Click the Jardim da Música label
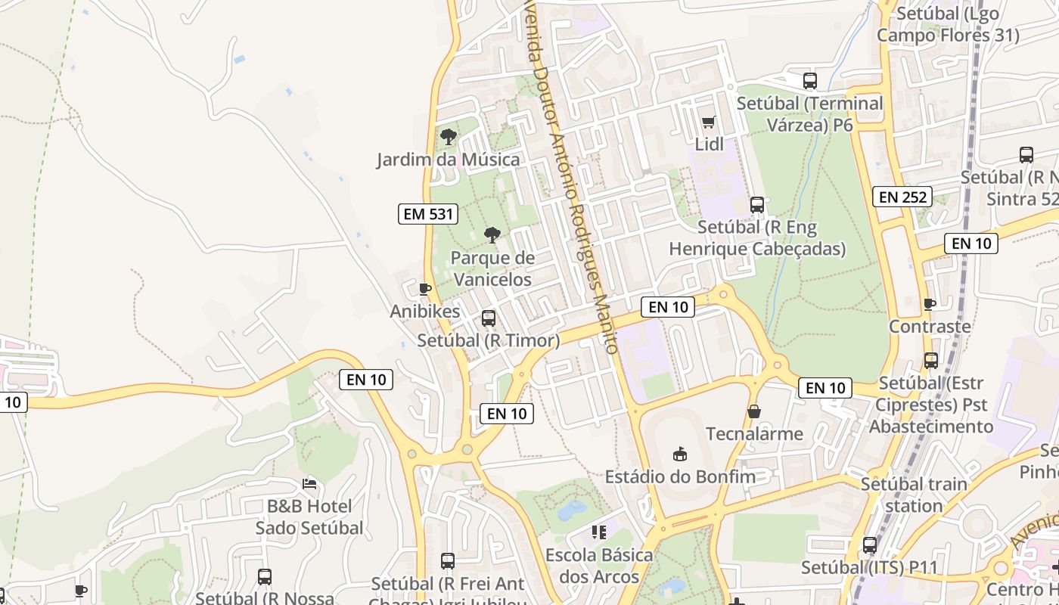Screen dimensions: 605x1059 [x=449, y=160]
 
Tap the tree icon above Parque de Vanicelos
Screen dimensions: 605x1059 [x=492, y=235]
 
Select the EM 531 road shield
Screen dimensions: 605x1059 [x=429, y=214]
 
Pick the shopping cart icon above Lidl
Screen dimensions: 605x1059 [x=709, y=122]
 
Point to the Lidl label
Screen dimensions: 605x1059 [x=710, y=144]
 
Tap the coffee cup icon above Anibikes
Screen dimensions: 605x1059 [x=425, y=289]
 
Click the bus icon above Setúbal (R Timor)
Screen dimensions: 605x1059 [x=489, y=318]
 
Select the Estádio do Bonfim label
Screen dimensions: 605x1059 [x=680, y=476]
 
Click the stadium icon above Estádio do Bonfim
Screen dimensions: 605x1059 [x=680, y=454]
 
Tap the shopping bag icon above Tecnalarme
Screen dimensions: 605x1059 [x=754, y=411]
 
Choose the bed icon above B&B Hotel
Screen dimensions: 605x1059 [x=309, y=483]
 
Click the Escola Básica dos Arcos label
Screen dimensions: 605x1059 [x=599, y=566]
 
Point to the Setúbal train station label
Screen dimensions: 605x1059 [x=914, y=495]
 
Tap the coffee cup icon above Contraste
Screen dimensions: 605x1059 [x=930, y=304]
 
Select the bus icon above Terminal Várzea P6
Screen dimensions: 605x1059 [x=810, y=80]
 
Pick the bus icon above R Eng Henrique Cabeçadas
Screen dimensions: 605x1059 [x=756, y=205]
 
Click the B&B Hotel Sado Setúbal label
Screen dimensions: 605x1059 [x=309, y=517]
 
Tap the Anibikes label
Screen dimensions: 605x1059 [x=425, y=311]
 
